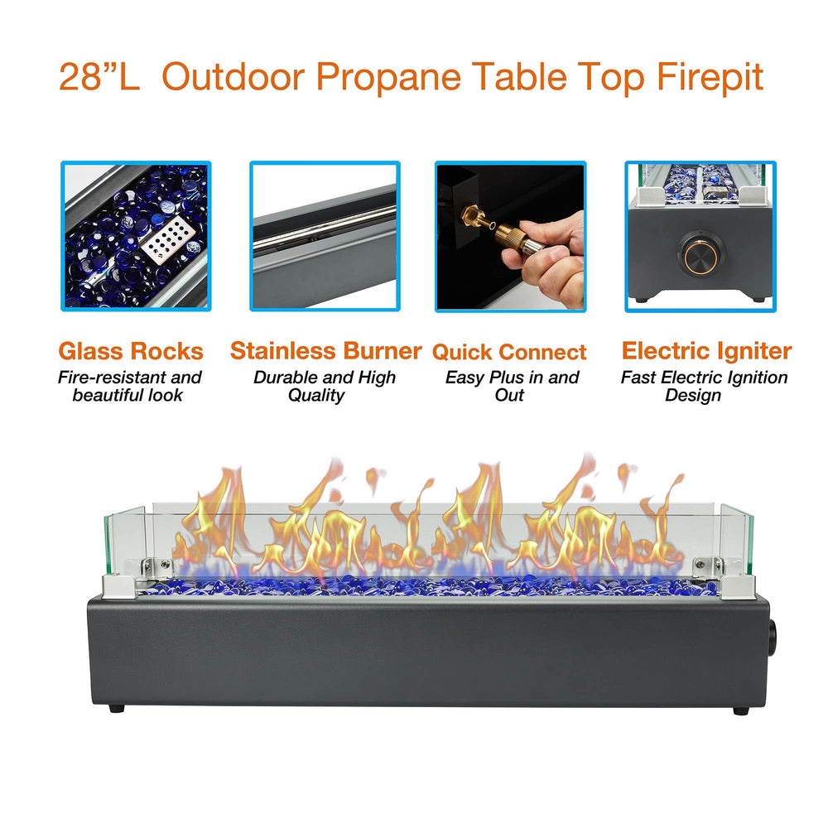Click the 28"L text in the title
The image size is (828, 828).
click(x=99, y=77)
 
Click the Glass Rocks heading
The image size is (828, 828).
click(x=131, y=351)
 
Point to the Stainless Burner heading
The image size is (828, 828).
click(x=325, y=350)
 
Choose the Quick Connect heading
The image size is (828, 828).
click(x=509, y=352)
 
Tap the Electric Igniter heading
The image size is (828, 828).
click(x=706, y=350)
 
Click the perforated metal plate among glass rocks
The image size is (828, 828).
click(x=169, y=240)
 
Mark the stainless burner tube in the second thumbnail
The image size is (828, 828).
click(x=325, y=228)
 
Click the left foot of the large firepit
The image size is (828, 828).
click(x=116, y=708)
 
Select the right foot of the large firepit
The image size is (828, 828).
click(x=741, y=710)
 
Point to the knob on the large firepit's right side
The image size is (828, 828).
click(x=772, y=638)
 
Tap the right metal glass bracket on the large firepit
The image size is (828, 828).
click(x=724, y=577)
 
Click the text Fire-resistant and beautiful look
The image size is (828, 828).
click(x=129, y=386)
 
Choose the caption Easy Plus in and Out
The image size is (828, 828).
click(x=512, y=386)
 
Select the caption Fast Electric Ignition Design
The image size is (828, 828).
click(x=704, y=386)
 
